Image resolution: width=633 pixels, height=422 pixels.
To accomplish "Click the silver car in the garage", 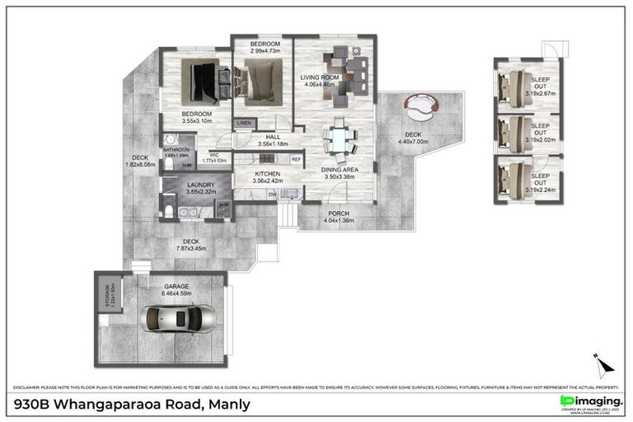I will coord(178,317).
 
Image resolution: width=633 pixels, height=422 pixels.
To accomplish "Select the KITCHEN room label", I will coord(268,175).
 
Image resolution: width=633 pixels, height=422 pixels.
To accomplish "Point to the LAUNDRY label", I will coord(201,185).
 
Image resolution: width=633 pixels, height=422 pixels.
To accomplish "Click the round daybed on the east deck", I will coord(424,105).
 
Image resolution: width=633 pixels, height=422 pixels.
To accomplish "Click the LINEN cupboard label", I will coord(244,124).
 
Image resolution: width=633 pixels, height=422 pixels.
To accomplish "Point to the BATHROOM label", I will coord(176,150).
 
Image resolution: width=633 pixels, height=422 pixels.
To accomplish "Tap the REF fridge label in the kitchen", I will coord(295,159).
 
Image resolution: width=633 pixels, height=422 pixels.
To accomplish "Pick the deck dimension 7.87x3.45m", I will coord(191,248).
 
